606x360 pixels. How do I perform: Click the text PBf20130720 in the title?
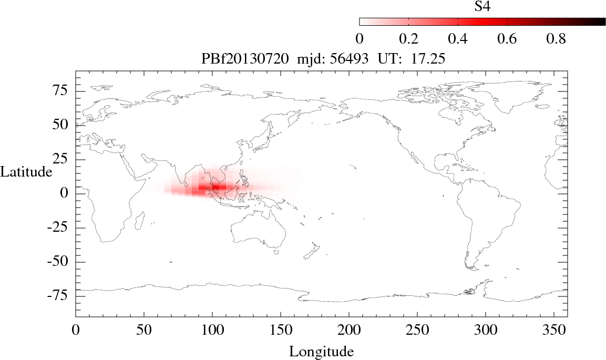(245, 59)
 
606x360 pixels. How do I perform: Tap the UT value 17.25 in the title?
(428, 59)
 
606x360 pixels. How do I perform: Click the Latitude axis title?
(26, 172)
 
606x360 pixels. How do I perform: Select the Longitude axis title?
(321, 351)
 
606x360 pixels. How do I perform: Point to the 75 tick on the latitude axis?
(62, 91)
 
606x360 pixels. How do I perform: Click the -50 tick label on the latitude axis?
(59, 262)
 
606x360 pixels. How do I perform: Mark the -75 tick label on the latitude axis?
(59, 296)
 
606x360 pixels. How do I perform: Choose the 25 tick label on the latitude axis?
(62, 159)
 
